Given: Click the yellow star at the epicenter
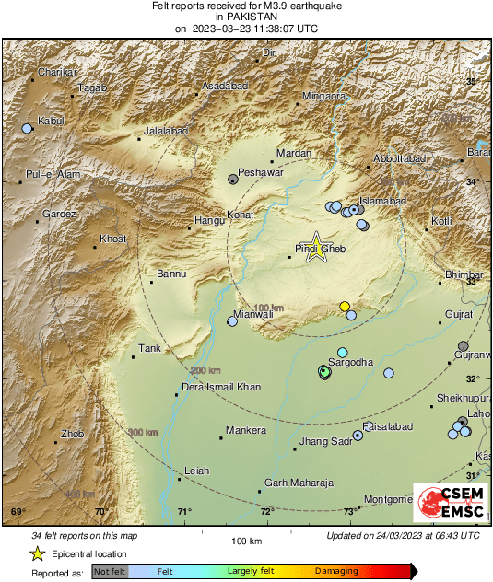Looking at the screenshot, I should point(317,246).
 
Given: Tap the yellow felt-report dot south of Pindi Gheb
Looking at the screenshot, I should point(345,306).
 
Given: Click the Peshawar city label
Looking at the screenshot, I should point(258,172).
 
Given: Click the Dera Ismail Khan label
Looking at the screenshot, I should point(221,387).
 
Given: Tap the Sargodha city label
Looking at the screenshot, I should point(352,363).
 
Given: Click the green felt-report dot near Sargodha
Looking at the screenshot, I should point(323,371).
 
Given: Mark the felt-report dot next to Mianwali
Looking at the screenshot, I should point(232,321).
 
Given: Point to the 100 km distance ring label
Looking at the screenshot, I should point(268,307).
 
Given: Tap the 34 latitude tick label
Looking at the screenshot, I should point(472,182).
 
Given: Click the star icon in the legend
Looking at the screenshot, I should point(37,553).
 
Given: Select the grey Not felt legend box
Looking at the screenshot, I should point(110,572).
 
